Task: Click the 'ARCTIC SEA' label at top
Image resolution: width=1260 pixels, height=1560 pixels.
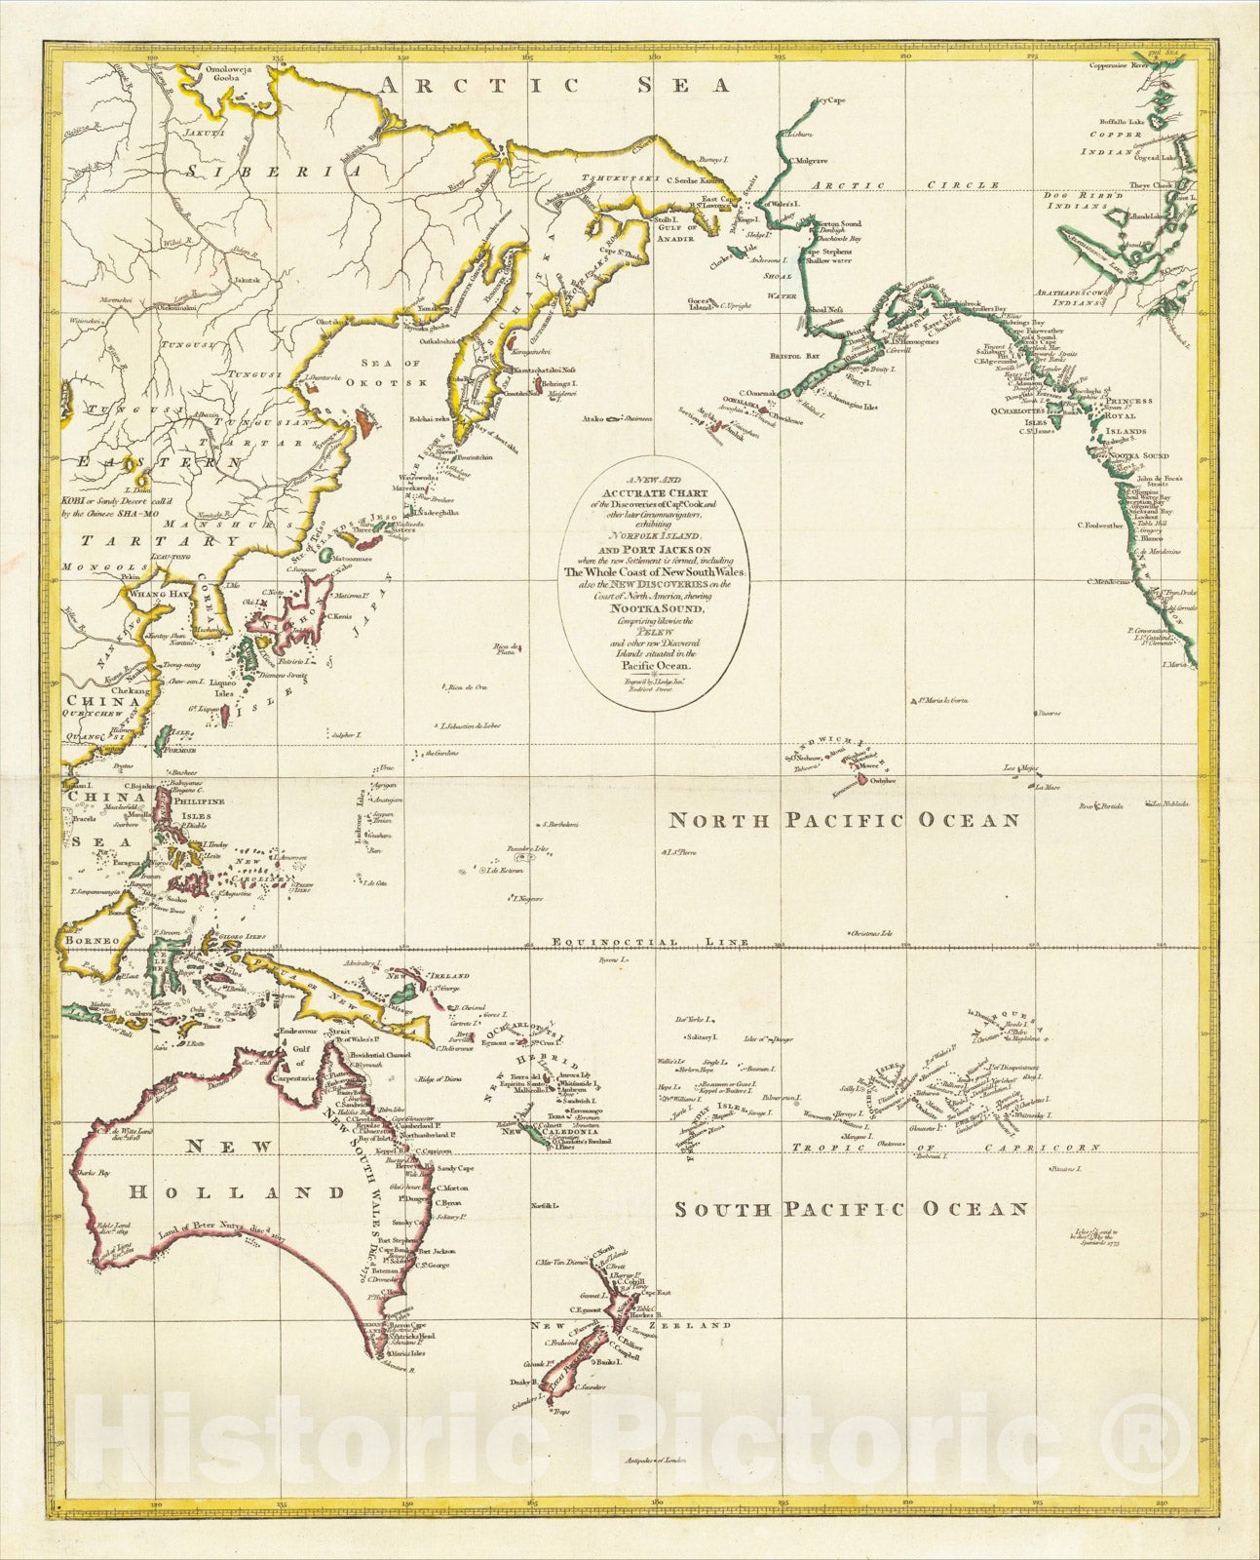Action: coord(554,86)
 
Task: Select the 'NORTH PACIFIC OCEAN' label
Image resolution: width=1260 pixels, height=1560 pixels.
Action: coord(843,820)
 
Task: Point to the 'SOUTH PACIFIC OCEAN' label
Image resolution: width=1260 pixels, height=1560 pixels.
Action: coord(851,1209)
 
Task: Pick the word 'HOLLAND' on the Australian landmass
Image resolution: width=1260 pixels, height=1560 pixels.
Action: coord(239,1192)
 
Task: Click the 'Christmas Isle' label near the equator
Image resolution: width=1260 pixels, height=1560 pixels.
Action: coord(872,933)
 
